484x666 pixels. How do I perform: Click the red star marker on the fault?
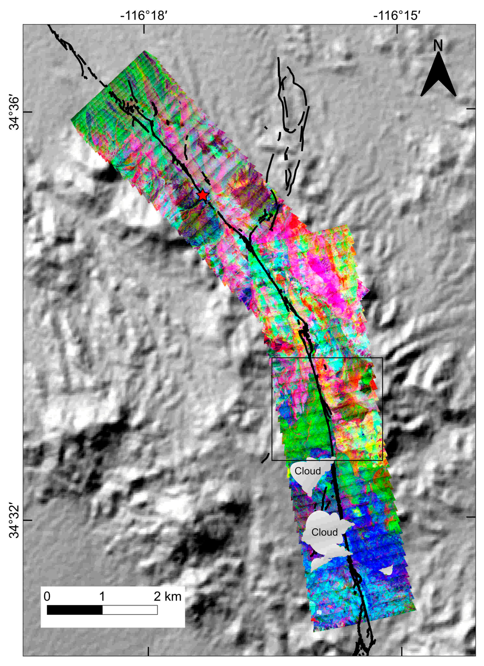(203, 195)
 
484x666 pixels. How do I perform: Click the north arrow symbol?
(438, 78)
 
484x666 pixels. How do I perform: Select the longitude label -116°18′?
(144, 15)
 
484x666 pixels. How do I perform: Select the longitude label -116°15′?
(397, 15)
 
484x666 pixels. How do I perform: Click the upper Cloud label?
(307, 471)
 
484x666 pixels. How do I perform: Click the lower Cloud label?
(324, 532)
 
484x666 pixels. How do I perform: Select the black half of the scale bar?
(74, 610)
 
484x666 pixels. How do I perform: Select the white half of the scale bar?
(130, 610)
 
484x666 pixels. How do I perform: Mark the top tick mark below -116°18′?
(144, 29)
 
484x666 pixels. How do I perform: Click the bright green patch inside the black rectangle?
(305, 434)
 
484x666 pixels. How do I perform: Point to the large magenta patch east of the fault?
(323, 273)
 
